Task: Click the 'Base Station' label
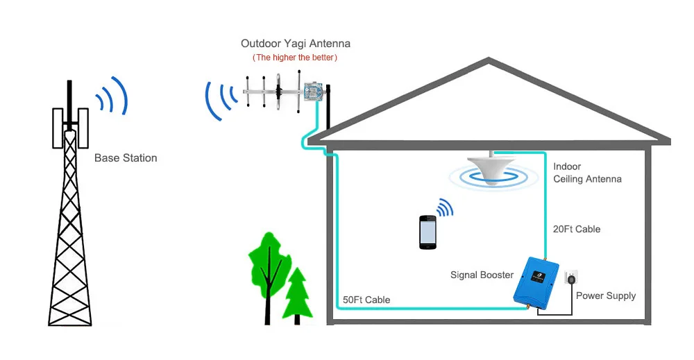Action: [x=126, y=158]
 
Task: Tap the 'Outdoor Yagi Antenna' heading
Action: [x=296, y=44]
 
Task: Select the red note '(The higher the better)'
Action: [x=296, y=58]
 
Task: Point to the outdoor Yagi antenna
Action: [x=278, y=91]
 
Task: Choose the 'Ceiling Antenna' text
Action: [x=587, y=179]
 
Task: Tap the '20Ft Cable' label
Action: [x=577, y=229]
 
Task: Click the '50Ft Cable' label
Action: [x=366, y=300]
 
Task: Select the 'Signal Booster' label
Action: [x=482, y=275]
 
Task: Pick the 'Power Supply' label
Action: [x=606, y=295]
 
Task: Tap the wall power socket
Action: [x=570, y=279]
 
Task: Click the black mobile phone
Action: [x=428, y=232]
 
